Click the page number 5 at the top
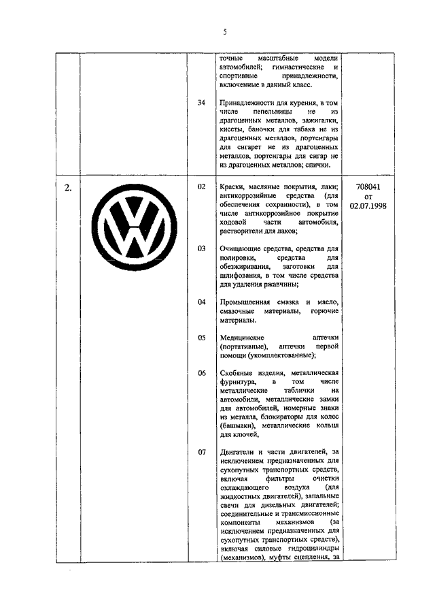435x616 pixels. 224,31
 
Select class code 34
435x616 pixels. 201,102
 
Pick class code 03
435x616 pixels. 201,248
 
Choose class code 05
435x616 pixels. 201,337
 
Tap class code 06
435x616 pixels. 201,373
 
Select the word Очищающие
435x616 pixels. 243,248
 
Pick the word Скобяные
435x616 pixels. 239,373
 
